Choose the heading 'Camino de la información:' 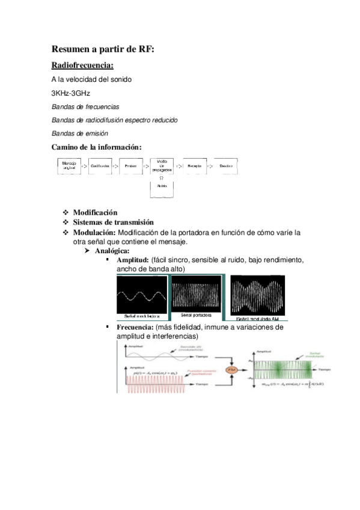tap(96, 147)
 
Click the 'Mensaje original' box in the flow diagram tap(69, 165)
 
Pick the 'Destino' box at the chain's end tap(225, 165)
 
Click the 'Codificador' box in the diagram tap(100, 165)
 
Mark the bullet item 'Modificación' tap(95, 212)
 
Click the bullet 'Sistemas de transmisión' tap(113, 222)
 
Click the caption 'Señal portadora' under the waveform tap(198, 315)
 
